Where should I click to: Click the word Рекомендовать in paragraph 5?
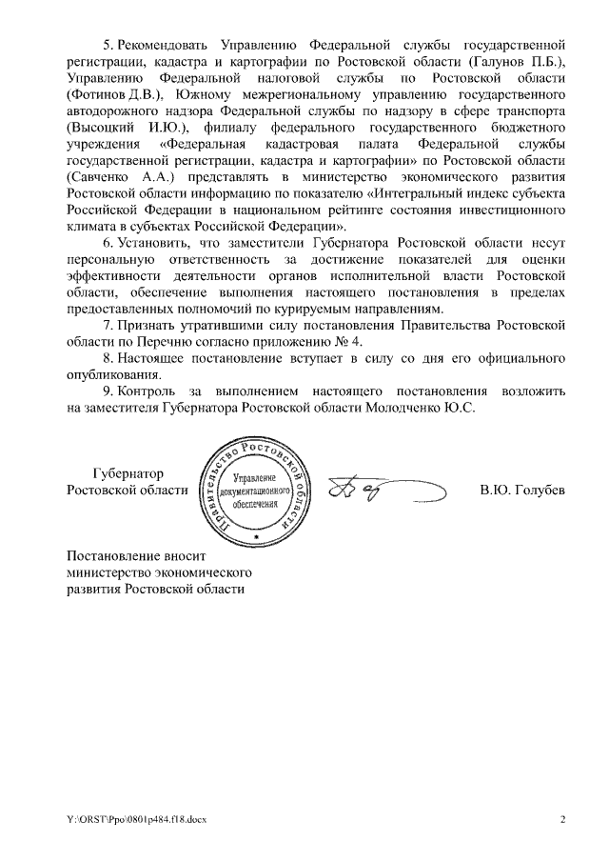[164, 45]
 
